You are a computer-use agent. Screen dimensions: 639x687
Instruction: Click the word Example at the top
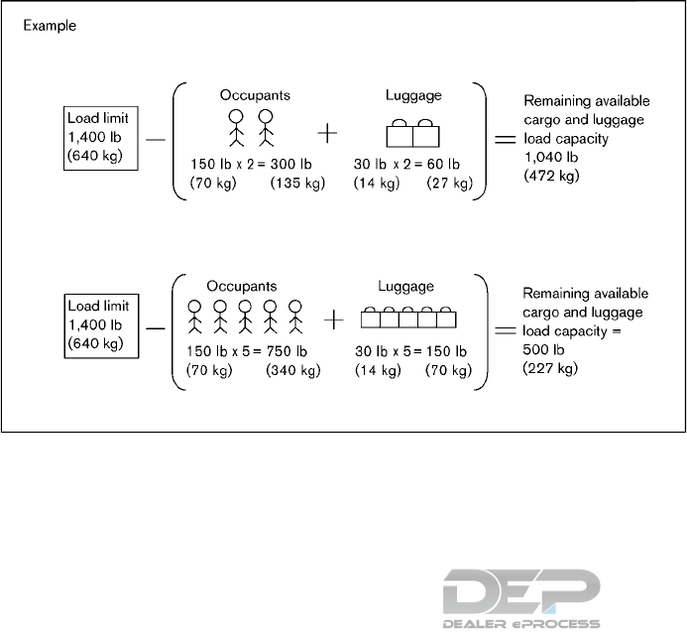click(x=50, y=25)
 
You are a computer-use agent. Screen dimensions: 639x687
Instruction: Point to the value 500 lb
click(x=540, y=349)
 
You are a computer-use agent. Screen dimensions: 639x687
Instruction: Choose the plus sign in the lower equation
click(x=336, y=319)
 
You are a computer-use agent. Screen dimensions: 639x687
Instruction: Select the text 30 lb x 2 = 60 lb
click(x=406, y=164)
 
